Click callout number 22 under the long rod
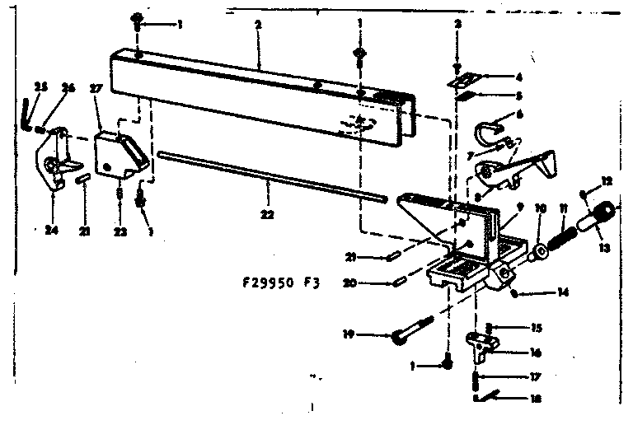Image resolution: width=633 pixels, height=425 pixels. (x=265, y=214)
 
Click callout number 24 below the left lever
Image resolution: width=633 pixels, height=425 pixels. (x=52, y=231)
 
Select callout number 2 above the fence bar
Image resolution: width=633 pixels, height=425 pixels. (x=258, y=25)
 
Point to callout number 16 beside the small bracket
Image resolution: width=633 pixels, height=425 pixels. (x=536, y=352)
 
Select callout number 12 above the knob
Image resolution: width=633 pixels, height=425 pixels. (x=606, y=180)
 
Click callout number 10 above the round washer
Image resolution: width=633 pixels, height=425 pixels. (x=540, y=207)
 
